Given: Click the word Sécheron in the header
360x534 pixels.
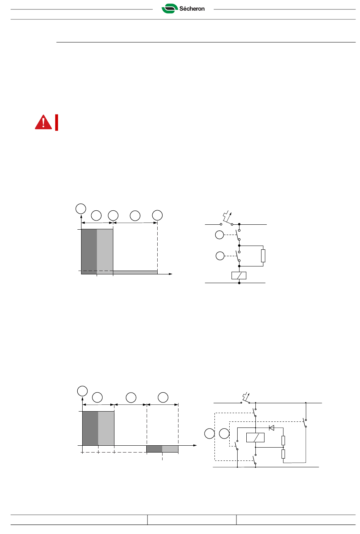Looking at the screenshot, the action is pyautogui.click(x=192, y=9).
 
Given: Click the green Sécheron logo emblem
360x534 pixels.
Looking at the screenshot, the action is pyautogui.click(x=170, y=9).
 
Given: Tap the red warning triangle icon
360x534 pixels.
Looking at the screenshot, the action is pyautogui.click(x=44, y=122).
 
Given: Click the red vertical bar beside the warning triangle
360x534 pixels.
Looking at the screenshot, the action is pyautogui.click(x=56, y=122).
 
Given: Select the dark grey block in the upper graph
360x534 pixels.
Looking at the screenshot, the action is pyautogui.click(x=89, y=252).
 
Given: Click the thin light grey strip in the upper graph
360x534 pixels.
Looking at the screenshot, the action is pyautogui.click(x=135, y=272).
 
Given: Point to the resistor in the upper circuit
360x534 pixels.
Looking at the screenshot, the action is pyautogui.click(x=263, y=256).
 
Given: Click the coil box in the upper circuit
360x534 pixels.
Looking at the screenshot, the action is pyautogui.click(x=239, y=276).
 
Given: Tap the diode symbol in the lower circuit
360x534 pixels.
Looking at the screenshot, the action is pyautogui.click(x=271, y=428).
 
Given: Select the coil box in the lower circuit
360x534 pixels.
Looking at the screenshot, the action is pyautogui.click(x=255, y=437).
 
